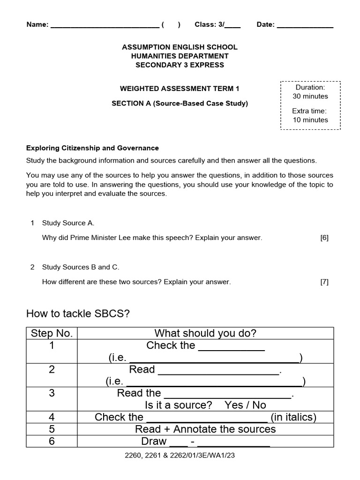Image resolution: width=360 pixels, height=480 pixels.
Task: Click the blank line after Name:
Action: click(x=105, y=26)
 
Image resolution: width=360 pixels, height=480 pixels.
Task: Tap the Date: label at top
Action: click(x=266, y=25)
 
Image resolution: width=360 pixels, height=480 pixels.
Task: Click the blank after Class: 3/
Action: click(x=233, y=26)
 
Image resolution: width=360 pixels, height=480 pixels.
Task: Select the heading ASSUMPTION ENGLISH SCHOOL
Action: click(x=180, y=47)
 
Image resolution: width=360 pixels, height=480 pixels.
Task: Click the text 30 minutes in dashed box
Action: click(x=310, y=96)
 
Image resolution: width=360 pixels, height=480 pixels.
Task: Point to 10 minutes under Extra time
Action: click(x=310, y=120)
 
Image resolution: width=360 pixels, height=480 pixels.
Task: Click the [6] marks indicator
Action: click(x=324, y=238)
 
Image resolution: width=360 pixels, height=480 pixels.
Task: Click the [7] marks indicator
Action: click(x=324, y=282)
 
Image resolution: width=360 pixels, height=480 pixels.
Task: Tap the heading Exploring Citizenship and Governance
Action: click(x=93, y=148)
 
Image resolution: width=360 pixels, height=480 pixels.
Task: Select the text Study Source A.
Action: click(x=65, y=223)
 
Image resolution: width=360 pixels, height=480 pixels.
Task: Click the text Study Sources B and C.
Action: click(x=81, y=267)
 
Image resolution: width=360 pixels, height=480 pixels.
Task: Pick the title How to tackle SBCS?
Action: click(x=78, y=313)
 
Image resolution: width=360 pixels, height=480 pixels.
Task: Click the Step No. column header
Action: click(x=52, y=333)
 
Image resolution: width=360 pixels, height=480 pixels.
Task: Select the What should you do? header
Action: click(x=205, y=333)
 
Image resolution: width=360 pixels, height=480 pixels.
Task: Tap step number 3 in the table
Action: click(x=52, y=393)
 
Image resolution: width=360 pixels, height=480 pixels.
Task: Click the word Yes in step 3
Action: click(x=233, y=405)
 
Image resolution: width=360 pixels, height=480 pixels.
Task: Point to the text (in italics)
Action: click(x=293, y=417)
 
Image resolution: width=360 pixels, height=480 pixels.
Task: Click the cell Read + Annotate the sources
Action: click(x=205, y=429)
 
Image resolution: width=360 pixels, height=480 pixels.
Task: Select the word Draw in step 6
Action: click(x=154, y=441)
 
